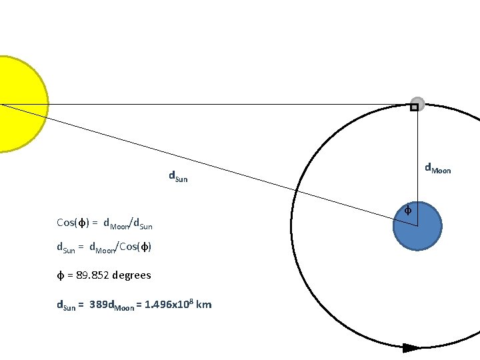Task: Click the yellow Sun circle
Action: pyautogui.click(x=20, y=105)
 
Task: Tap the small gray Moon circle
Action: pyautogui.click(x=418, y=103)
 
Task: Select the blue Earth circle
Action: pyautogui.click(x=417, y=227)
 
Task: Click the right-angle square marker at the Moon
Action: pyautogui.click(x=414, y=107)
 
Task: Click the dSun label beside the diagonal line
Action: pyautogui.click(x=178, y=177)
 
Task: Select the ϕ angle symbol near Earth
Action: pyautogui.click(x=409, y=211)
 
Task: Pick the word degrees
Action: pyautogui.click(x=132, y=275)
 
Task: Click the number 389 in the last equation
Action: pyautogui.click(x=97, y=305)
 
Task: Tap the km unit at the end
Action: pyautogui.click(x=205, y=305)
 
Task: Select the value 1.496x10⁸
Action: pyautogui.click(x=169, y=304)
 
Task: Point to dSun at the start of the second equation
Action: pyautogui.click(x=65, y=248)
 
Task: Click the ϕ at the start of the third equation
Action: pyautogui.click(x=60, y=275)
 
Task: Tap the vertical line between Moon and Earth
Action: pyautogui.click(x=417, y=160)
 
